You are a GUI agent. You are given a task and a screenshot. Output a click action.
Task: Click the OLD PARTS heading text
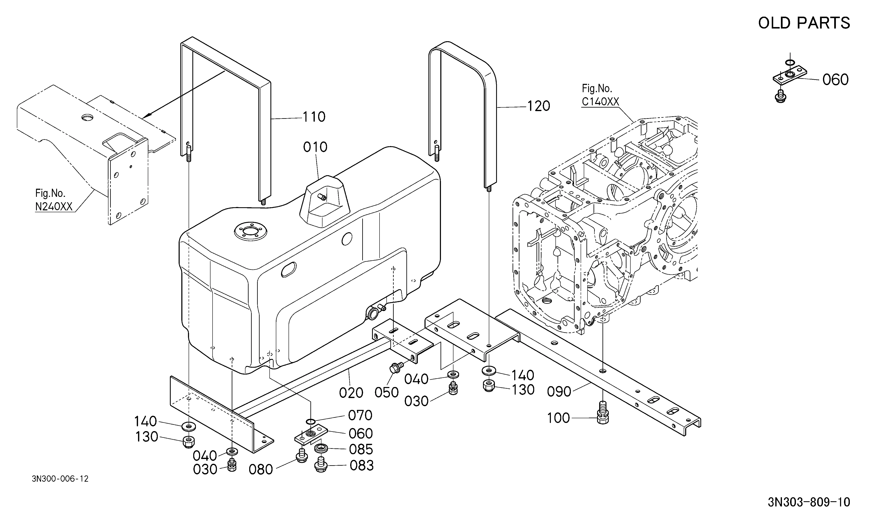pos(804,23)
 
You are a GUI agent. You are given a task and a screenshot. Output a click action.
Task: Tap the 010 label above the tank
pos(315,147)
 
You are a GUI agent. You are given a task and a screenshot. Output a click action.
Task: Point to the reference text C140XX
pos(600,102)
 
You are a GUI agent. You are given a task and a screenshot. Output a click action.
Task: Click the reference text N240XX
pos(54,206)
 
